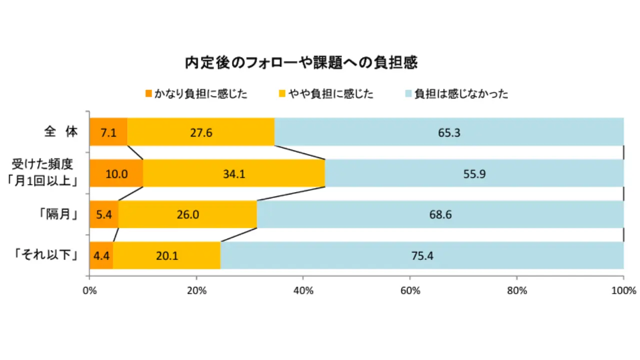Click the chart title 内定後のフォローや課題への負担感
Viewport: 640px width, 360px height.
pos(301,63)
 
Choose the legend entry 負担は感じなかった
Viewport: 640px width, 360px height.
pos(456,93)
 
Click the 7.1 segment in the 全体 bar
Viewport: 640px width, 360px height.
pos(108,132)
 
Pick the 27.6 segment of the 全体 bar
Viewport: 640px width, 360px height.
pos(201,132)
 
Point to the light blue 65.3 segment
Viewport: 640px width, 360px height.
pos(449,132)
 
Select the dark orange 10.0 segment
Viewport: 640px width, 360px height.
pos(116,173)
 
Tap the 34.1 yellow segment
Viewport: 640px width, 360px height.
pos(234,173)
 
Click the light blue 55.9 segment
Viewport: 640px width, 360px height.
pos(474,173)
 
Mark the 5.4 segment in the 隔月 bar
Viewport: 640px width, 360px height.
pos(103,214)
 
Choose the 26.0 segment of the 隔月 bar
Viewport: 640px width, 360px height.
pos(187,214)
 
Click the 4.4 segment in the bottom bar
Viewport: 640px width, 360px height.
pos(101,255)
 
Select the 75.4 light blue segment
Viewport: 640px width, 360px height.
pos(422,255)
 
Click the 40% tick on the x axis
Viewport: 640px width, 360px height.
pos(303,290)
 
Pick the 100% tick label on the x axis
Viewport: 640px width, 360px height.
pos(623,290)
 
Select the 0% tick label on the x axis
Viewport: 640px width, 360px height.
pos(89,290)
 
